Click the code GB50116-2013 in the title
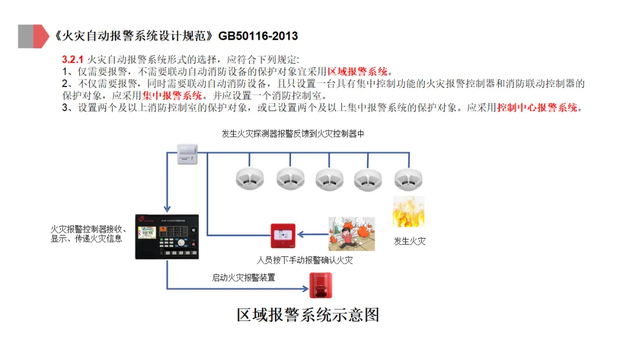(258, 36)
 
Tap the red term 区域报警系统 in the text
(357, 72)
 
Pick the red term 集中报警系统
(172, 95)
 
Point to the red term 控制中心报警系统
(537, 108)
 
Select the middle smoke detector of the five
(328, 177)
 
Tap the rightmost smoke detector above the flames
(408, 177)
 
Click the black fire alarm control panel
(167, 236)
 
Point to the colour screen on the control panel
(148, 234)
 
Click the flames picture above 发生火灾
(409, 212)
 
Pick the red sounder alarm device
(322, 285)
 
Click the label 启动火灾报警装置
(244, 277)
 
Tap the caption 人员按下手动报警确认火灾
(305, 260)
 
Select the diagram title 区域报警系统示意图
(308, 314)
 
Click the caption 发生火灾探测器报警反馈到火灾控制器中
(293, 134)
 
